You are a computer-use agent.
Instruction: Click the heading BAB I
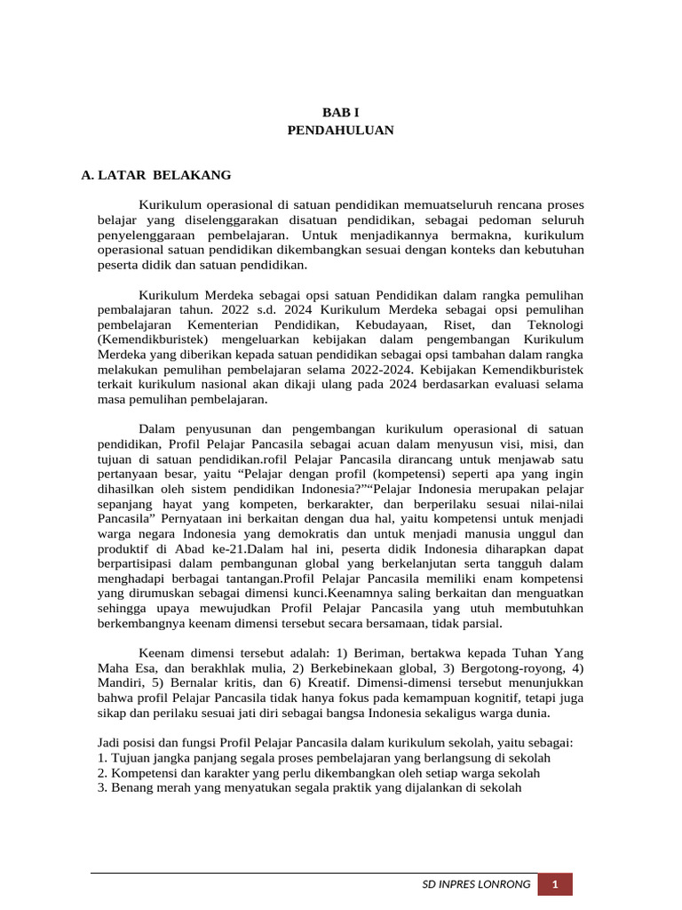[x=340, y=113]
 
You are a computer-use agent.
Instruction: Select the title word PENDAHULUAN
[x=340, y=130]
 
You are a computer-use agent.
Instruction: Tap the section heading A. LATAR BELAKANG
[x=155, y=175]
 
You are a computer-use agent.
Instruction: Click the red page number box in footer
[x=555, y=884]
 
